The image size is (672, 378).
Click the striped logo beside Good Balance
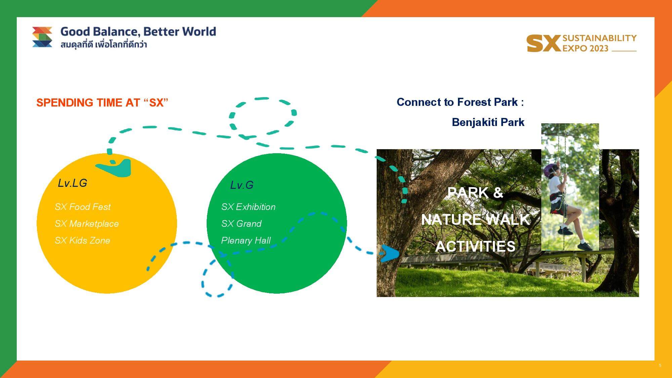tap(42, 37)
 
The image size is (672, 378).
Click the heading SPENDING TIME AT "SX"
tap(102, 102)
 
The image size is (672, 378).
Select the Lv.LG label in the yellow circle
tap(73, 183)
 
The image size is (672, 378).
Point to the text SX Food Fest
tap(83, 207)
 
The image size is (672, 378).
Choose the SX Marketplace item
tap(87, 223)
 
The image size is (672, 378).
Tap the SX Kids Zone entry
tap(82, 240)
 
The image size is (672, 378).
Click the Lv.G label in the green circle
tap(242, 185)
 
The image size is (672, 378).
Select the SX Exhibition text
tap(248, 207)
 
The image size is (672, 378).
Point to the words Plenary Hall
tap(246, 241)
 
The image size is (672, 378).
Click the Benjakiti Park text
tap(488, 122)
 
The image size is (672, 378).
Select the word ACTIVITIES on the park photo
tap(475, 246)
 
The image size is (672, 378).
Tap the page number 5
tap(660, 366)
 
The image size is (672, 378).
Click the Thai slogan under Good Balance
tap(104, 45)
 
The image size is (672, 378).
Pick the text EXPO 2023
tap(586, 48)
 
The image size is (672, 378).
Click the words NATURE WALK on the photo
tap(475, 220)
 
